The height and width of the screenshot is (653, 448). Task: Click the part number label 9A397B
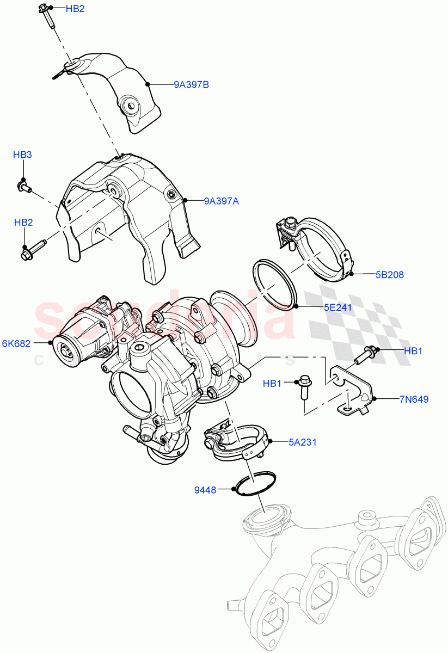click(191, 85)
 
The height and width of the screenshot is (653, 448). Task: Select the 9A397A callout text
click(222, 201)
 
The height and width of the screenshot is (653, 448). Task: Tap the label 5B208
click(389, 275)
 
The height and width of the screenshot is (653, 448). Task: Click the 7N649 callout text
click(413, 399)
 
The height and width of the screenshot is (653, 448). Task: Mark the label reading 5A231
click(302, 442)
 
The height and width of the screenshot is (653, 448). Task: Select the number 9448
click(205, 490)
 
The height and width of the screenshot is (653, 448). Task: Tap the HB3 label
click(22, 155)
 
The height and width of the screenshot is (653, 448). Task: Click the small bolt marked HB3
click(24, 187)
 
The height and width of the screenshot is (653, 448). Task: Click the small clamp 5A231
click(237, 440)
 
